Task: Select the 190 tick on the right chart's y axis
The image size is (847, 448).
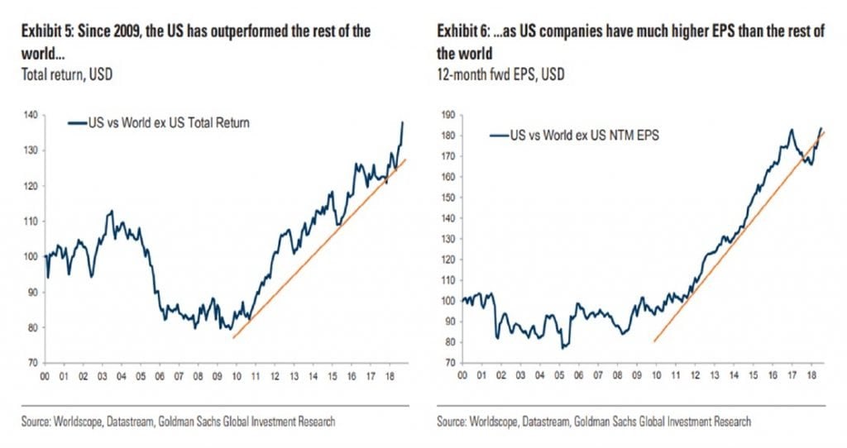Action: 448,115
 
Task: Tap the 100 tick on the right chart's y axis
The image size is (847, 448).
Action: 448,301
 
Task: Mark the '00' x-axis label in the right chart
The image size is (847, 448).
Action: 463,377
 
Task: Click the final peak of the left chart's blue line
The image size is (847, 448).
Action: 403,122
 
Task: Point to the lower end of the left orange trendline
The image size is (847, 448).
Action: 234,337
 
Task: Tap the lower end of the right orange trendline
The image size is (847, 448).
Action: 654,341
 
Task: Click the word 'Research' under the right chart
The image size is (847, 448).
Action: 729,422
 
